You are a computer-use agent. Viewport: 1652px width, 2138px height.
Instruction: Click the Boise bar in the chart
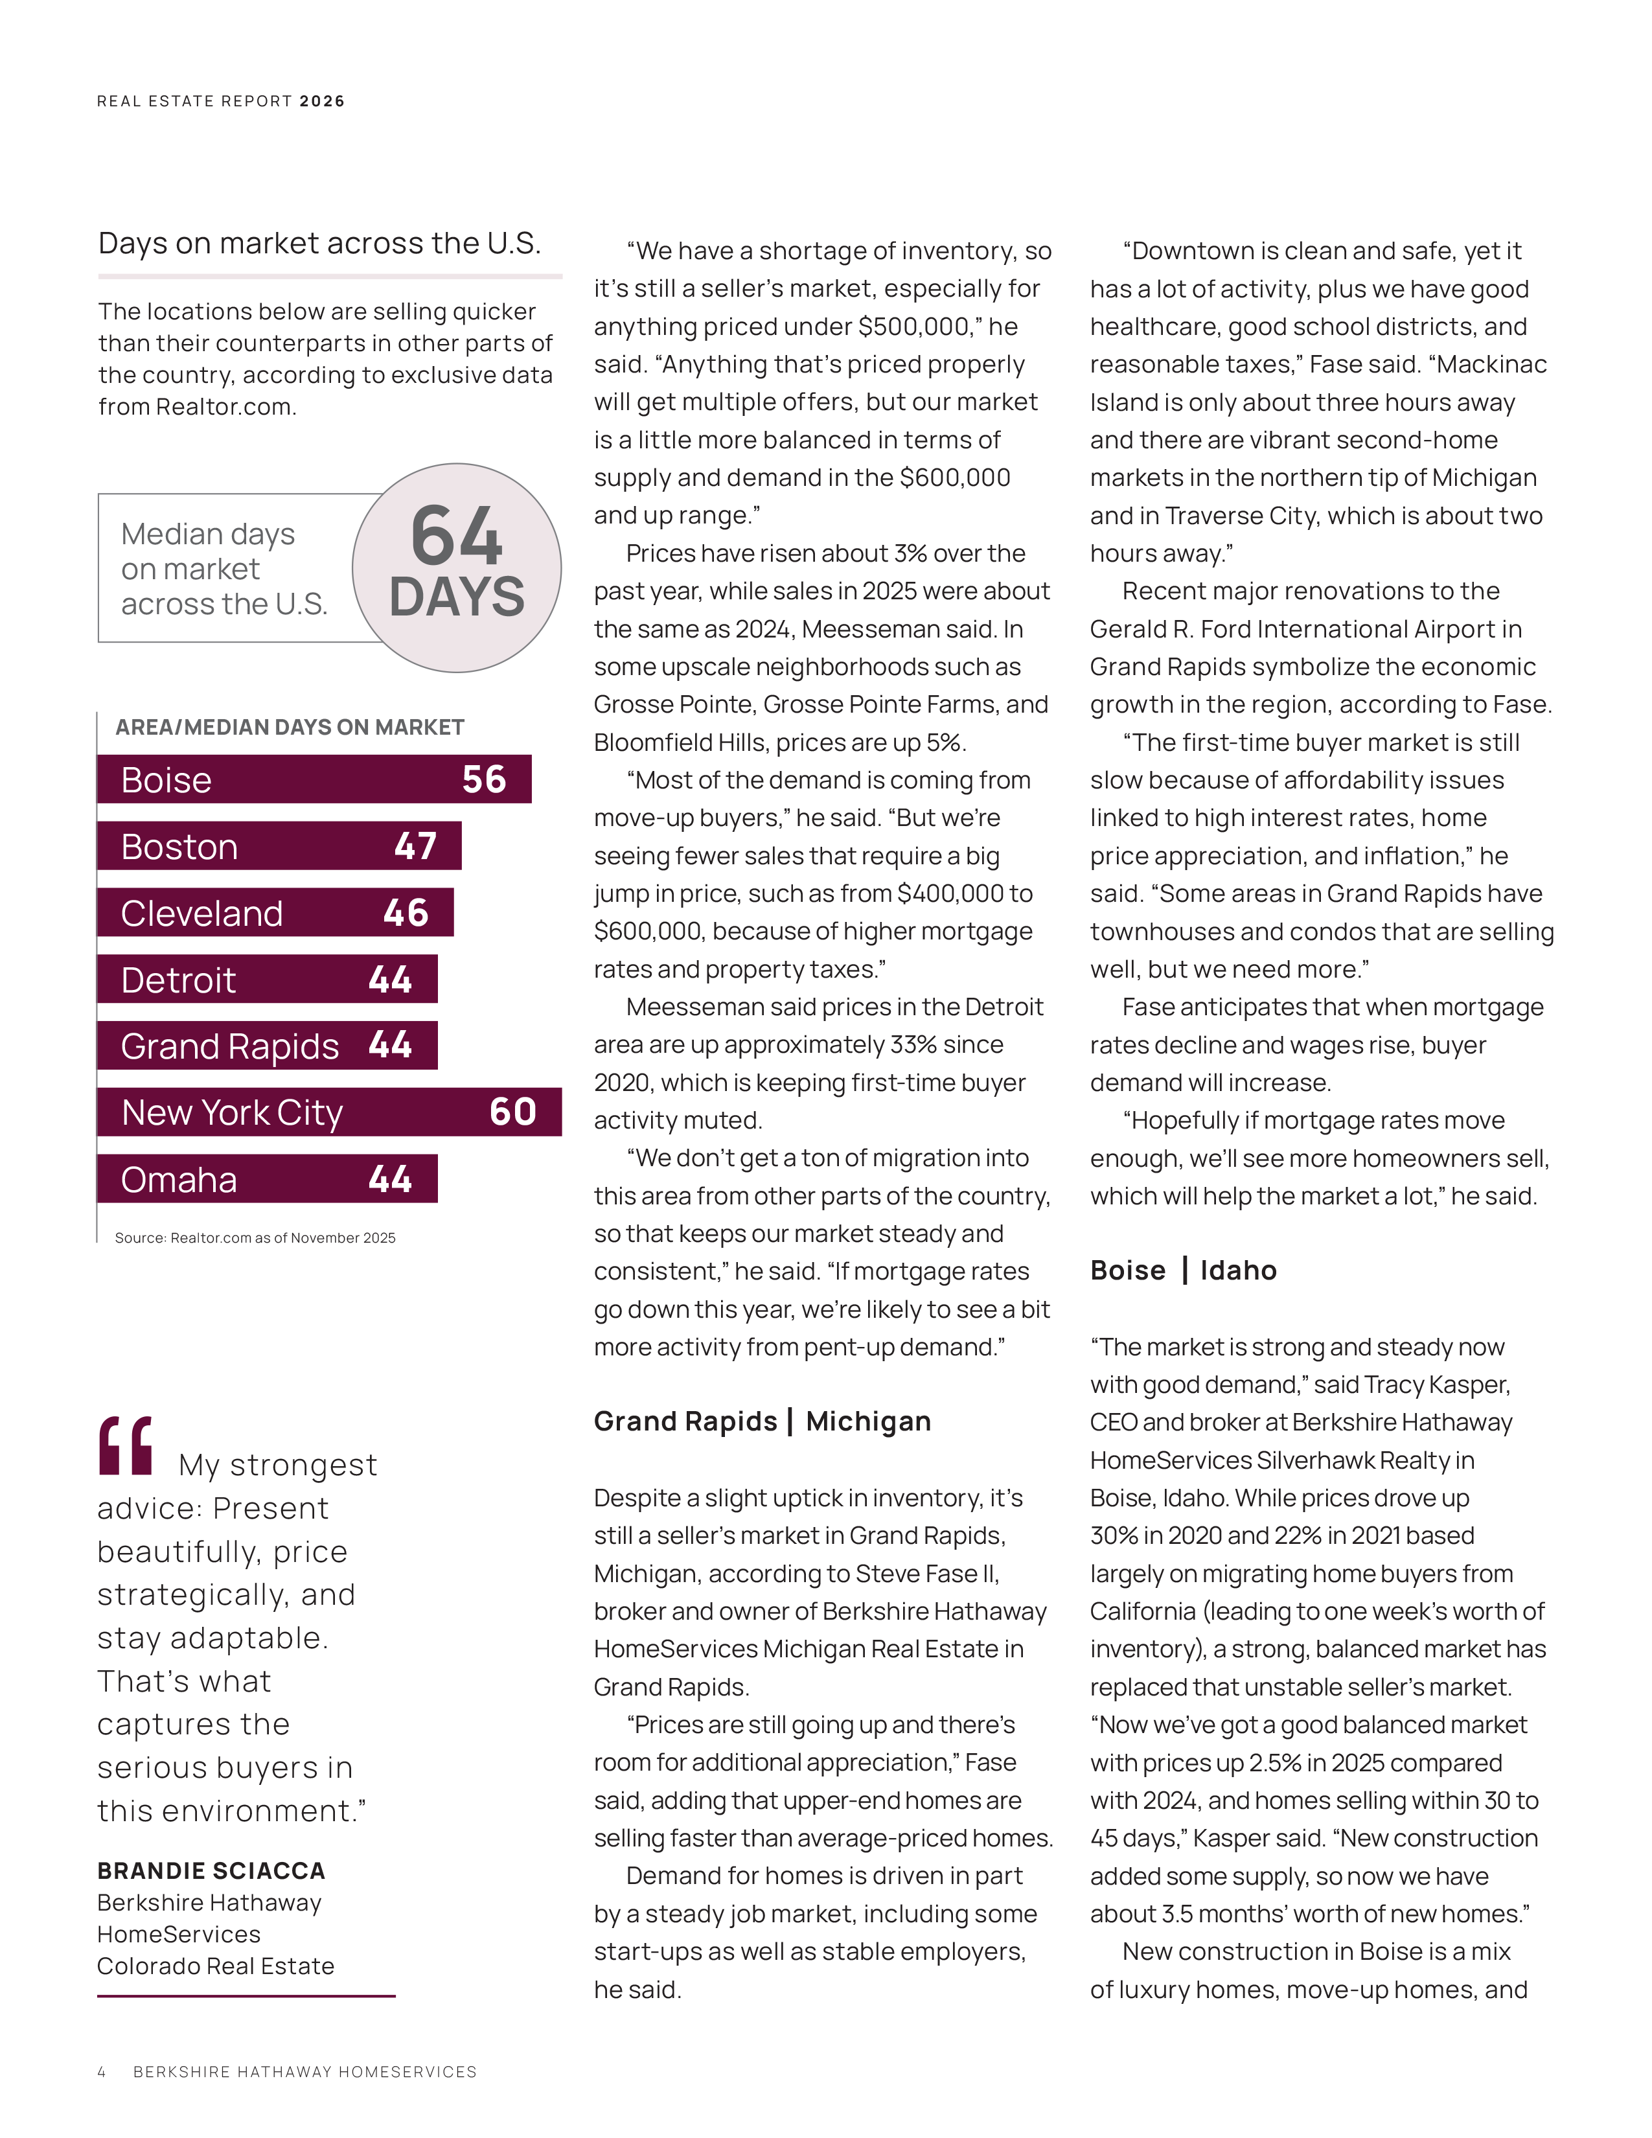point(313,779)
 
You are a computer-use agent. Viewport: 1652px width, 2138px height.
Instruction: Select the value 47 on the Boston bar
point(415,845)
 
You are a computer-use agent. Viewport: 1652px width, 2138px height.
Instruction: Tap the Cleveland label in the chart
point(201,914)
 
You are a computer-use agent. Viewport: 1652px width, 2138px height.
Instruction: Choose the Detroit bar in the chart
point(266,980)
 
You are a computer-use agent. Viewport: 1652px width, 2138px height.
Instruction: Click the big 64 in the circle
point(457,536)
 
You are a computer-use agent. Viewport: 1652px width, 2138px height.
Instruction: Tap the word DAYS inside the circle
point(457,597)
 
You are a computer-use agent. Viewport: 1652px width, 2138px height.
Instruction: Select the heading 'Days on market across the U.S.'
point(319,243)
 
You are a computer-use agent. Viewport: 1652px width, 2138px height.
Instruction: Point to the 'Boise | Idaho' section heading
point(1183,1270)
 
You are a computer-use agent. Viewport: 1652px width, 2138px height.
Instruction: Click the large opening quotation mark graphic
point(125,1446)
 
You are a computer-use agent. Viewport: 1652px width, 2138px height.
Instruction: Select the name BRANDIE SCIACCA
point(211,1871)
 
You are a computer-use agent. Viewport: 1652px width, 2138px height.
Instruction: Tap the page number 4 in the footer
point(101,2071)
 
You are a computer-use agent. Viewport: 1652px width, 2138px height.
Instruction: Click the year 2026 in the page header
point(322,101)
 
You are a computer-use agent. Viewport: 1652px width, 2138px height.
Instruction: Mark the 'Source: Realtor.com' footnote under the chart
point(255,1238)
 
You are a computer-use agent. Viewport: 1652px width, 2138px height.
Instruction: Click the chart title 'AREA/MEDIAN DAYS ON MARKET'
point(290,728)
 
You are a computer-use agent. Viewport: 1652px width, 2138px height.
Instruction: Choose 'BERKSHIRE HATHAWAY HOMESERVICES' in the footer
point(304,2071)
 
